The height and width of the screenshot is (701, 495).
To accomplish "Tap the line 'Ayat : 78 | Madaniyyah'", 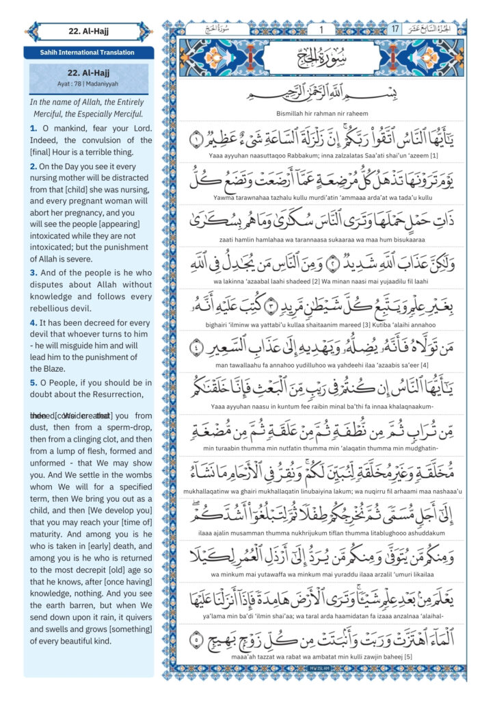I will click(90, 84).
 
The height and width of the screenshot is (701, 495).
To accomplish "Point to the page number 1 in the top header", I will click(321, 29).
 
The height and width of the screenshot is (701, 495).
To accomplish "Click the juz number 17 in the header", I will click(395, 29).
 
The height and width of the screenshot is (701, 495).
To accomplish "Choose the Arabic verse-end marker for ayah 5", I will click(196, 641).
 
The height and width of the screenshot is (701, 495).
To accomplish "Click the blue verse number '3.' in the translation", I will click(33, 272).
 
